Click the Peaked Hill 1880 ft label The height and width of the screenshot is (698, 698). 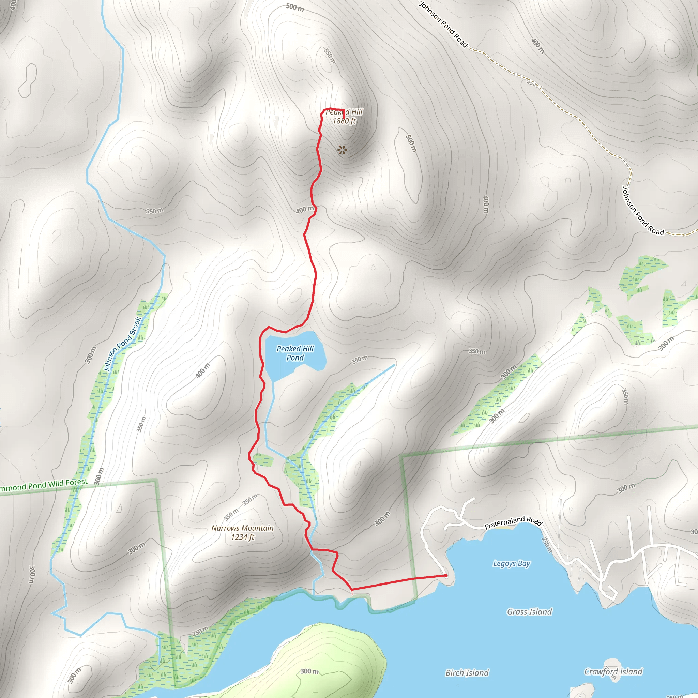tap(344, 116)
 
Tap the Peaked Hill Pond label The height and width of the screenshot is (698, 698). tap(295, 353)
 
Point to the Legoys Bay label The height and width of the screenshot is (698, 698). tap(512, 563)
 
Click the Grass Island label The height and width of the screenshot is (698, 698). tap(529, 612)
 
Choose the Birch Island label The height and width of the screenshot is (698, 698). tap(467, 673)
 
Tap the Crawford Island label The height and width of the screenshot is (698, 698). tap(613, 672)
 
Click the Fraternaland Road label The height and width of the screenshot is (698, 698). tap(513, 522)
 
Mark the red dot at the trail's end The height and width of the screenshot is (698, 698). tap(446, 576)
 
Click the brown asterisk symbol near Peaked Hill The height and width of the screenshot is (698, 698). tap(342, 150)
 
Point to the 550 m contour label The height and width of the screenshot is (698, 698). tap(330, 56)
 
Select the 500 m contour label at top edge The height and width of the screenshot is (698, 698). tap(295, 7)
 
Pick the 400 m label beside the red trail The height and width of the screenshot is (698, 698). tap(305, 210)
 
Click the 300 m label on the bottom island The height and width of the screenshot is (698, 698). tap(309, 671)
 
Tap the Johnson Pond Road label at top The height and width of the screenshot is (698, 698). tap(443, 25)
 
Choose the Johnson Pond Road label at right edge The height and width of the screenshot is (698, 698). tap(643, 211)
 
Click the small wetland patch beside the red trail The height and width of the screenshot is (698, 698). tap(263, 460)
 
